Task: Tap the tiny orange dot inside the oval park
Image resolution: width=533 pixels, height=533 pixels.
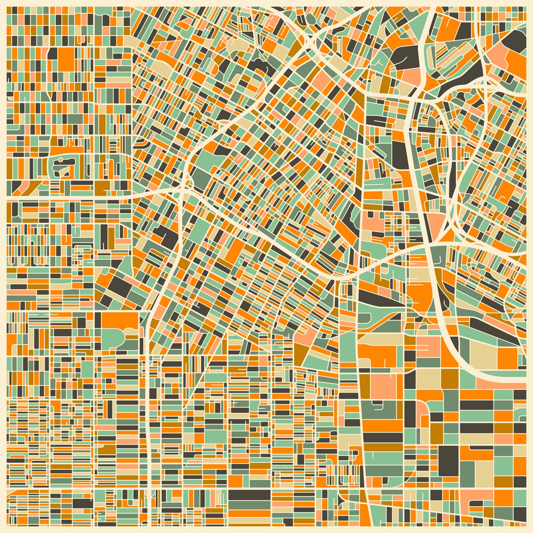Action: tap(61, 160)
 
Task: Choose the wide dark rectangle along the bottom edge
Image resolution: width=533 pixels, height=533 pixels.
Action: tap(249, 495)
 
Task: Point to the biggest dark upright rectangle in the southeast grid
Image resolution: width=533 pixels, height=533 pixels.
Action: tap(448, 461)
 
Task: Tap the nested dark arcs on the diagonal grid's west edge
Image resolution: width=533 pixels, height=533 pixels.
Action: tap(139, 143)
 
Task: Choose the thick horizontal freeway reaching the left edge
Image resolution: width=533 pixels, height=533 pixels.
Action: tap(71, 197)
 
